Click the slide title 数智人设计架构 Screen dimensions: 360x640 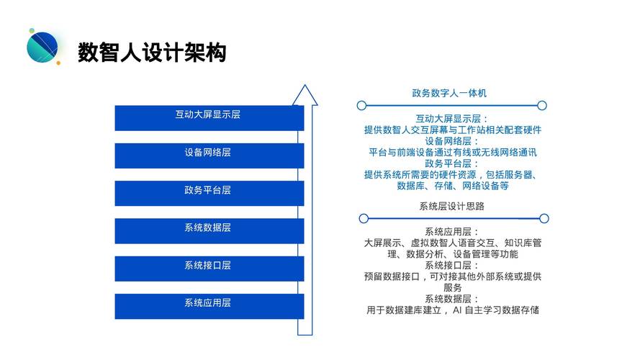152,53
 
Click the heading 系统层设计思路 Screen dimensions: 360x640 451,206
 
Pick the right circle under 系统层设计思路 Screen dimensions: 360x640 544,218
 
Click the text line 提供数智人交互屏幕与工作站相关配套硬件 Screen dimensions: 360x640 453,130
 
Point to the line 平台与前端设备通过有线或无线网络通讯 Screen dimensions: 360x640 453,152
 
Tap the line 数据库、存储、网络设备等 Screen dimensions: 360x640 453,186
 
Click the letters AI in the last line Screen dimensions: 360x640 457,310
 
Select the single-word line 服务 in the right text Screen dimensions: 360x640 453,287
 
